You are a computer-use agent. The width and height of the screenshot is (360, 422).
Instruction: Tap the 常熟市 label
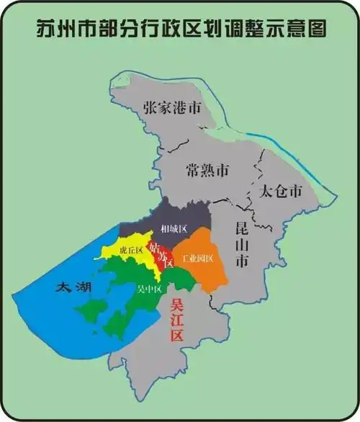(207, 171)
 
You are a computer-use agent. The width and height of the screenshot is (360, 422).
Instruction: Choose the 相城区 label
(174, 228)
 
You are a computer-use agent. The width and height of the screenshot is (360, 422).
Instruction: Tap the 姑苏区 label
(161, 254)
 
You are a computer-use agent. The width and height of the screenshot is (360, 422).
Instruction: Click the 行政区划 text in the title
(180, 28)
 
